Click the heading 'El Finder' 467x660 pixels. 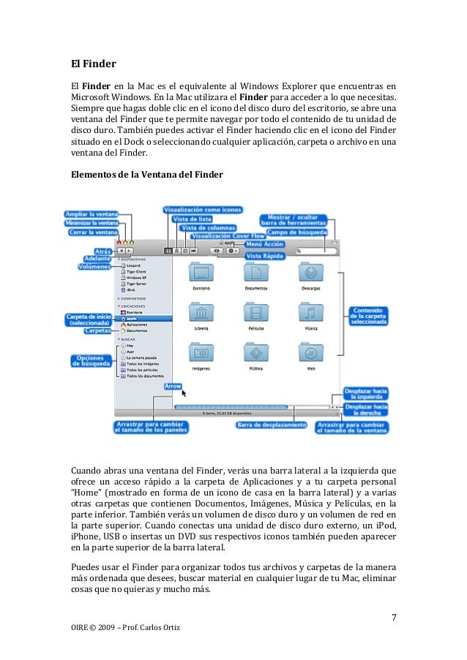coord(89,64)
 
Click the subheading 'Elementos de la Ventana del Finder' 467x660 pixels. coord(146,174)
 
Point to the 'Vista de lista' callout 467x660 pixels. coord(193,219)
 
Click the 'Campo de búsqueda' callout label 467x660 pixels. coord(296,232)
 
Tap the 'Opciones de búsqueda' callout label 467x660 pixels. coord(91,361)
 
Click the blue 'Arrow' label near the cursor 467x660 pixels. coord(173,385)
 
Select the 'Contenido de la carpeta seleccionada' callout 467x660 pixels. coord(368,315)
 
